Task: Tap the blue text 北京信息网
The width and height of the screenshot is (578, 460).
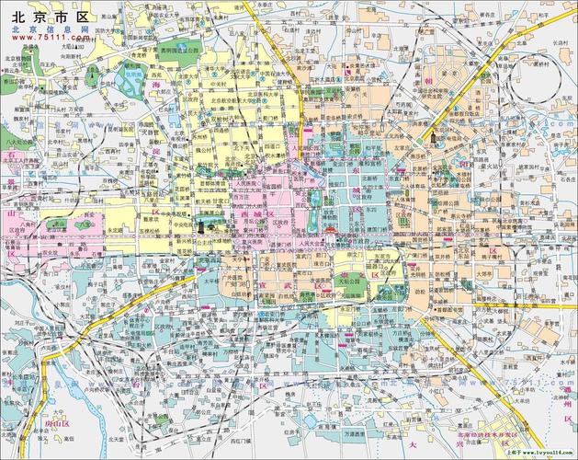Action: click(50, 30)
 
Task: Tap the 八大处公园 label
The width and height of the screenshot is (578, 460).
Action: click(15, 144)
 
